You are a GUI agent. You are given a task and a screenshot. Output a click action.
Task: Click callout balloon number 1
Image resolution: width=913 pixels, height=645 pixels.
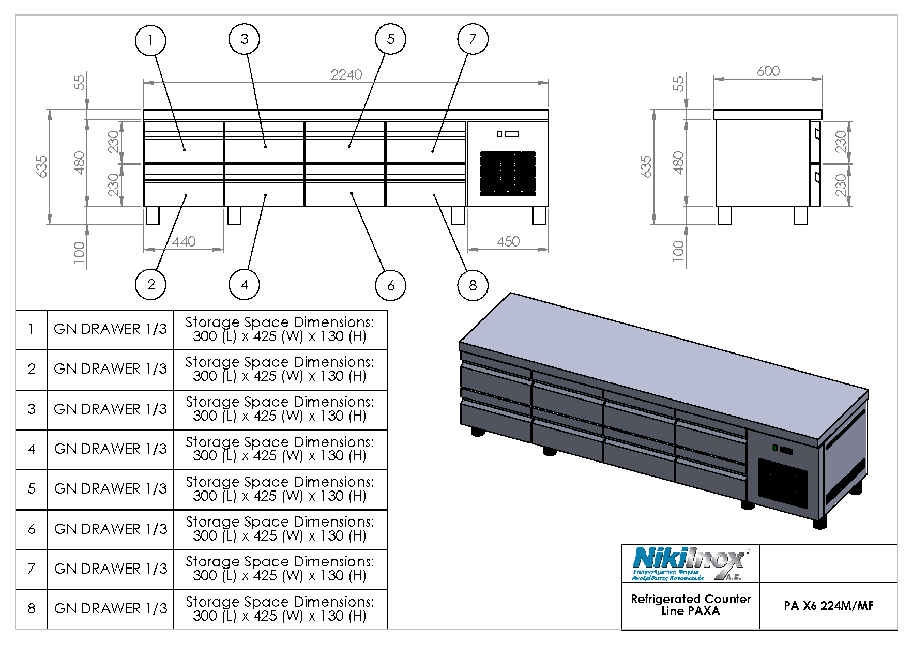point(150,41)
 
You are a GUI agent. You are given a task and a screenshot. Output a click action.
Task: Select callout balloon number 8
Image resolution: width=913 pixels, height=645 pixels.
point(473,285)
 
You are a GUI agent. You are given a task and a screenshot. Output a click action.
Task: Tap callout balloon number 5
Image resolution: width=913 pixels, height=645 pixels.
point(390,39)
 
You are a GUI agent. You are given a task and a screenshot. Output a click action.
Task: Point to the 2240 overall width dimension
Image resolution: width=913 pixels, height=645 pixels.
point(346,75)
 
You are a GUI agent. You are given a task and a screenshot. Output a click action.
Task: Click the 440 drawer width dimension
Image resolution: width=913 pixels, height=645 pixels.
point(184,242)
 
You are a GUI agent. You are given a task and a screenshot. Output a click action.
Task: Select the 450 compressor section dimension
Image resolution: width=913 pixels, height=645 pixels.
point(508,242)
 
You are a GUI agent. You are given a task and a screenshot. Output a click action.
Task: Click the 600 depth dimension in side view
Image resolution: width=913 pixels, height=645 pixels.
point(768,71)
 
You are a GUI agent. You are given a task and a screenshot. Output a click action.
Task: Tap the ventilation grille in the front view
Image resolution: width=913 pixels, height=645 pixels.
point(508,174)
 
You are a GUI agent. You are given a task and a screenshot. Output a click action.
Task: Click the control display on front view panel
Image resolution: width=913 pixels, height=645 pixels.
point(511,134)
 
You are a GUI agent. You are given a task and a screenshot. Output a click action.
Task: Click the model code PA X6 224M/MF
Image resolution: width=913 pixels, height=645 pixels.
point(828,606)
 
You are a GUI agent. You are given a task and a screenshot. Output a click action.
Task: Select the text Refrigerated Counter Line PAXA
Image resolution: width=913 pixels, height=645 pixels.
point(690,605)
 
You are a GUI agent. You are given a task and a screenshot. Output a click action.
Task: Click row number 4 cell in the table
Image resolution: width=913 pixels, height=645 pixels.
point(32,449)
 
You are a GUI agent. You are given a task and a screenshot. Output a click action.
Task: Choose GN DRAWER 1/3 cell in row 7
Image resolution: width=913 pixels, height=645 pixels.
point(110,569)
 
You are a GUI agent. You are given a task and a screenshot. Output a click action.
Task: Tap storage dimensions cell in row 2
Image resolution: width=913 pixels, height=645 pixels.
point(280,369)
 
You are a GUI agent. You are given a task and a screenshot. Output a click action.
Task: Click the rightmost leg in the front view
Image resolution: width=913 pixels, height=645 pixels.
point(540,216)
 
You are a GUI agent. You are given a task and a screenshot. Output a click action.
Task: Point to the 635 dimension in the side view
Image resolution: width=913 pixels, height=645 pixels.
point(646,166)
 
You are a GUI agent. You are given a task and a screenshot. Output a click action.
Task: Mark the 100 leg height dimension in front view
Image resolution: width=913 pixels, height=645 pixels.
point(79,252)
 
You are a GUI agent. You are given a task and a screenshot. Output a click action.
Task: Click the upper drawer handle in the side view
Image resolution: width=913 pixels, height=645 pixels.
point(816,134)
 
